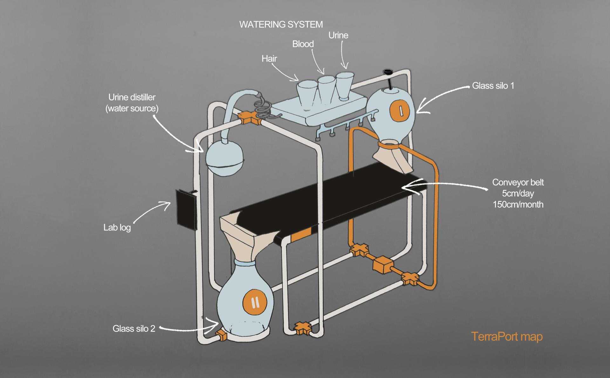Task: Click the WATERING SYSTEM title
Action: tap(281, 24)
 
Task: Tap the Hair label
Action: tap(269, 58)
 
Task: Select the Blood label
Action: tap(303, 44)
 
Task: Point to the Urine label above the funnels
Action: tap(338, 35)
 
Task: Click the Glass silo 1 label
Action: tap(493, 86)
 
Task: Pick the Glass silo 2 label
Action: tap(134, 328)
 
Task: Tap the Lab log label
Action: tap(117, 228)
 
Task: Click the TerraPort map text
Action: tap(506, 336)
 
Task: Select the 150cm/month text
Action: tap(518, 204)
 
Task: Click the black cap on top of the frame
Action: tap(387, 72)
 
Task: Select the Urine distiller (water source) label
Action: tap(132, 103)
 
